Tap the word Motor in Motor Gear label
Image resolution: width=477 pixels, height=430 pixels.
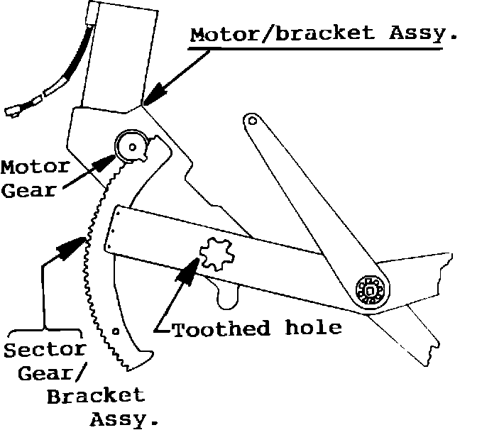[35, 168]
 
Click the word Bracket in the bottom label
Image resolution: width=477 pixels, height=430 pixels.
[95, 395]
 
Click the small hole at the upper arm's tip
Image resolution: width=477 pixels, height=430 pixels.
[249, 121]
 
